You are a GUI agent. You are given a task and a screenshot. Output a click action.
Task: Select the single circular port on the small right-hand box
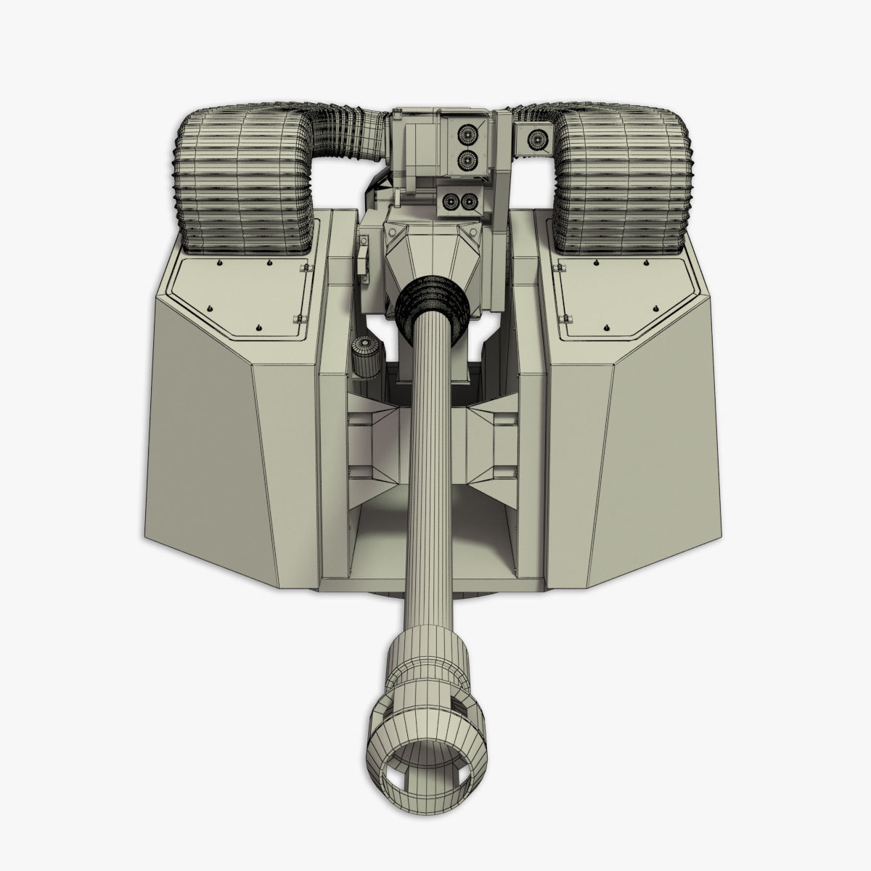pos(538,136)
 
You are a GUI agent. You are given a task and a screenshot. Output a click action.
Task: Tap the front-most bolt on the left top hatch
pos(259,327)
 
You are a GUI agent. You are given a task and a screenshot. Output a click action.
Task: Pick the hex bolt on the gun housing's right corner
pos(475,230)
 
